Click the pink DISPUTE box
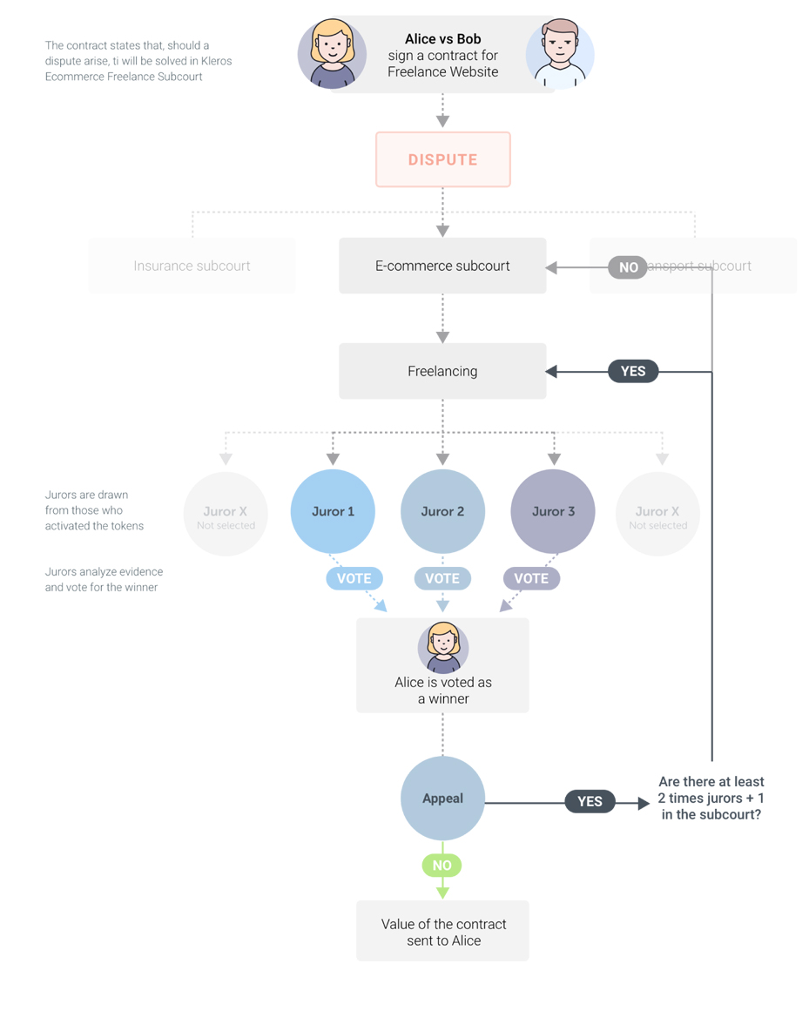(x=442, y=159)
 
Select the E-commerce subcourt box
(x=442, y=266)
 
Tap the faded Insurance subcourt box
(x=192, y=266)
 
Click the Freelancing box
(x=442, y=371)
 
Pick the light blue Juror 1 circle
(x=333, y=511)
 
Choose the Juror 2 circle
(x=442, y=511)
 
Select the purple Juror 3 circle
(x=553, y=511)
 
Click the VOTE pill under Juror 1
(x=354, y=578)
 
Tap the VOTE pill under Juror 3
(x=531, y=578)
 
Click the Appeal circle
(x=442, y=799)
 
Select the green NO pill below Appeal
(x=442, y=866)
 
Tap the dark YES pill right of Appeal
(x=590, y=802)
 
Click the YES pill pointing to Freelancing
(x=633, y=371)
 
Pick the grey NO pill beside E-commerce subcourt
(x=628, y=267)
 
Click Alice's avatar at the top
(x=332, y=54)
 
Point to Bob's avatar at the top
(x=560, y=54)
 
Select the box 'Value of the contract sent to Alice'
(x=442, y=932)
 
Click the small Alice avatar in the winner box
(x=443, y=647)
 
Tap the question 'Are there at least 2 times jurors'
(x=711, y=799)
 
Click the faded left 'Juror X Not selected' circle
(x=226, y=515)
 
